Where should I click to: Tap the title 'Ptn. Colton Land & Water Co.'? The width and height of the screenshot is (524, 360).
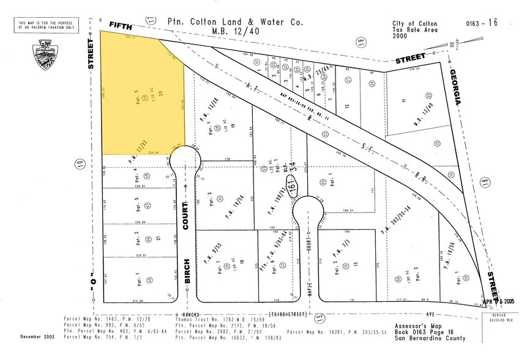pos(236,21)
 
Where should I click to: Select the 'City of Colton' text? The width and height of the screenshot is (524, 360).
pos(414,23)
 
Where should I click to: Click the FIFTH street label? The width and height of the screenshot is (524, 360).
pos(119,24)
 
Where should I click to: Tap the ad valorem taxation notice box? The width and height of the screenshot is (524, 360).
pos(47,25)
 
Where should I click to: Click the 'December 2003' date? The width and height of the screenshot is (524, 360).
pos(36,337)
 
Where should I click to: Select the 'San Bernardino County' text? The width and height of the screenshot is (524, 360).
pos(425,337)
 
